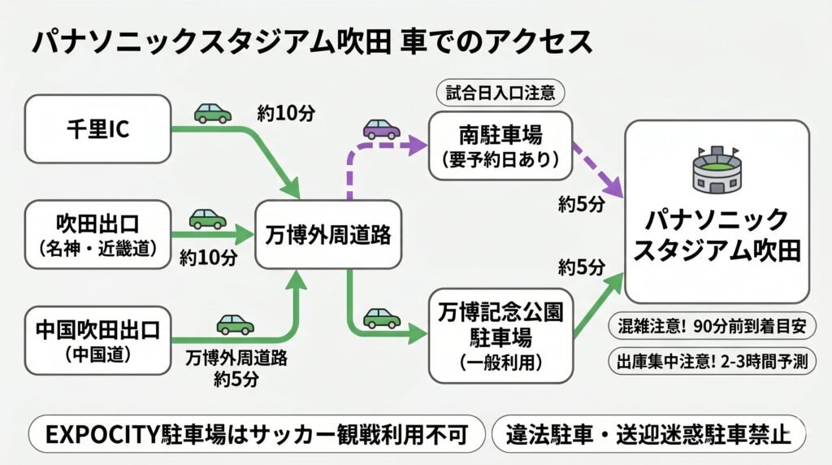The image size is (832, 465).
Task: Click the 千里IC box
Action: click(97, 129)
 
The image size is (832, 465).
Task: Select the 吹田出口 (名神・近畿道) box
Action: click(97, 236)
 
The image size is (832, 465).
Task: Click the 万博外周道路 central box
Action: click(328, 236)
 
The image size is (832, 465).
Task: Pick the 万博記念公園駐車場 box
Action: click(500, 335)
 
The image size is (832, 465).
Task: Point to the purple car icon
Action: click(381, 128)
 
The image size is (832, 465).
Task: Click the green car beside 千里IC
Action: click(213, 113)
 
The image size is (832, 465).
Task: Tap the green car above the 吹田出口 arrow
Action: click(208, 219)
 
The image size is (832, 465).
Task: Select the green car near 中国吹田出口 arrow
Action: click(235, 324)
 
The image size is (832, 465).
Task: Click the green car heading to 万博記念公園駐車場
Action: click(381, 318)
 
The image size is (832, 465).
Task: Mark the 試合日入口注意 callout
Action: click(500, 93)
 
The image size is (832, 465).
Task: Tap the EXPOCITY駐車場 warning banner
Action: click(256, 436)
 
